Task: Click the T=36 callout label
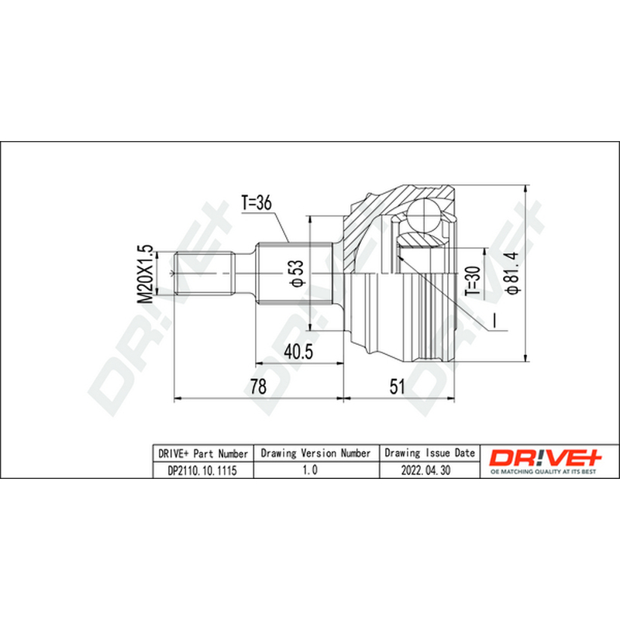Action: [x=257, y=203]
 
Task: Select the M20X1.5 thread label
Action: [x=145, y=274]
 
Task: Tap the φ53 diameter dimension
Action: [x=298, y=273]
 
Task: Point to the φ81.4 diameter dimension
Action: [x=513, y=274]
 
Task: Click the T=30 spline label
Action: [x=473, y=281]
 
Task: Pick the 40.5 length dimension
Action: [x=298, y=352]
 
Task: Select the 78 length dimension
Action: [x=258, y=386]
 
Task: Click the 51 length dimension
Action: [x=398, y=386]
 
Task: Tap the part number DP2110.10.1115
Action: [x=202, y=470]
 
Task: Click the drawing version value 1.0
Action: [x=309, y=470]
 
